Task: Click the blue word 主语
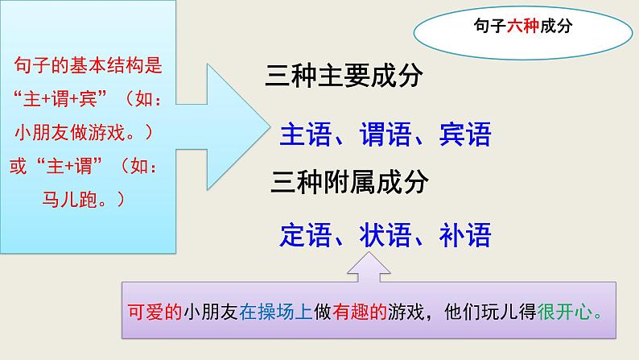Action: [305, 134]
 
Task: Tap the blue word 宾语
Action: [465, 134]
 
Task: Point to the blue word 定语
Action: [305, 235]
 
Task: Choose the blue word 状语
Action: [385, 235]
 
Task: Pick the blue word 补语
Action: [465, 235]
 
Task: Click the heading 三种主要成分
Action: [344, 77]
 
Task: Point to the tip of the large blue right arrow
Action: [269, 126]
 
